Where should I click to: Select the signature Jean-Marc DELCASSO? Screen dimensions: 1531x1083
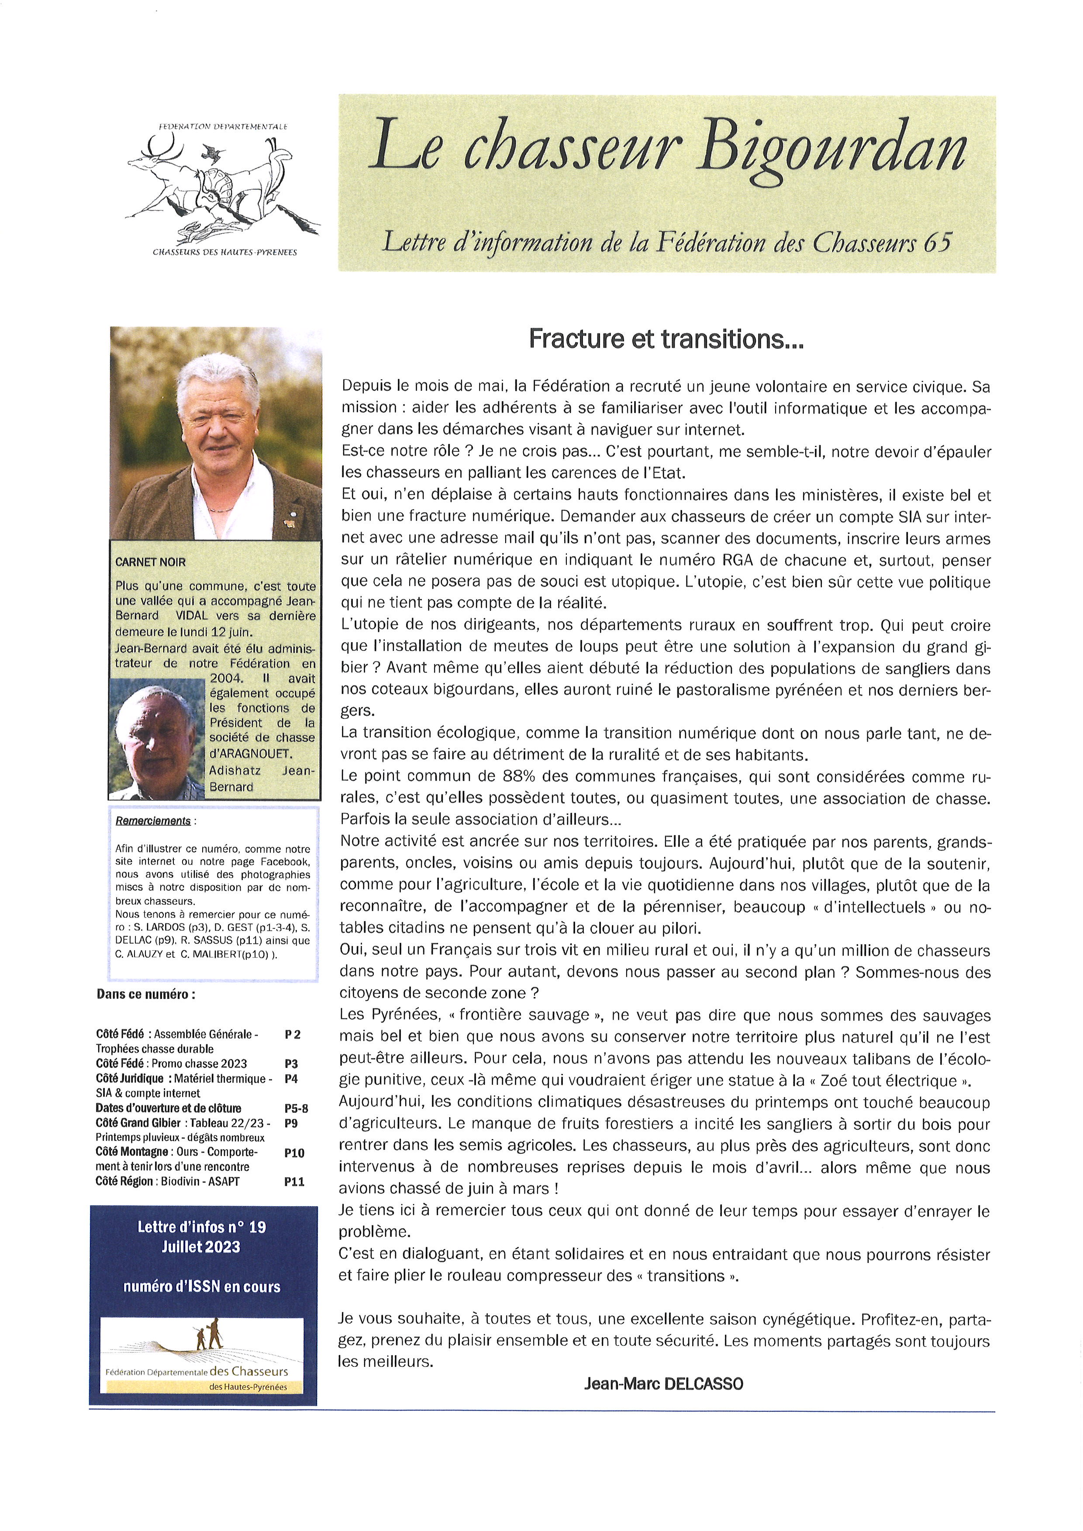click(x=663, y=1383)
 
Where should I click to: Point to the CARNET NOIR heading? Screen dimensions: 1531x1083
click(x=150, y=562)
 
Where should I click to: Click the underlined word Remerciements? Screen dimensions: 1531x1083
click(x=153, y=821)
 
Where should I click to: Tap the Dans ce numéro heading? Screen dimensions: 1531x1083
click(x=146, y=994)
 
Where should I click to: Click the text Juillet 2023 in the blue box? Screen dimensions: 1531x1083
click(x=201, y=1247)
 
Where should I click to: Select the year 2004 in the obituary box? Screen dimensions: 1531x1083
click(x=226, y=678)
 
